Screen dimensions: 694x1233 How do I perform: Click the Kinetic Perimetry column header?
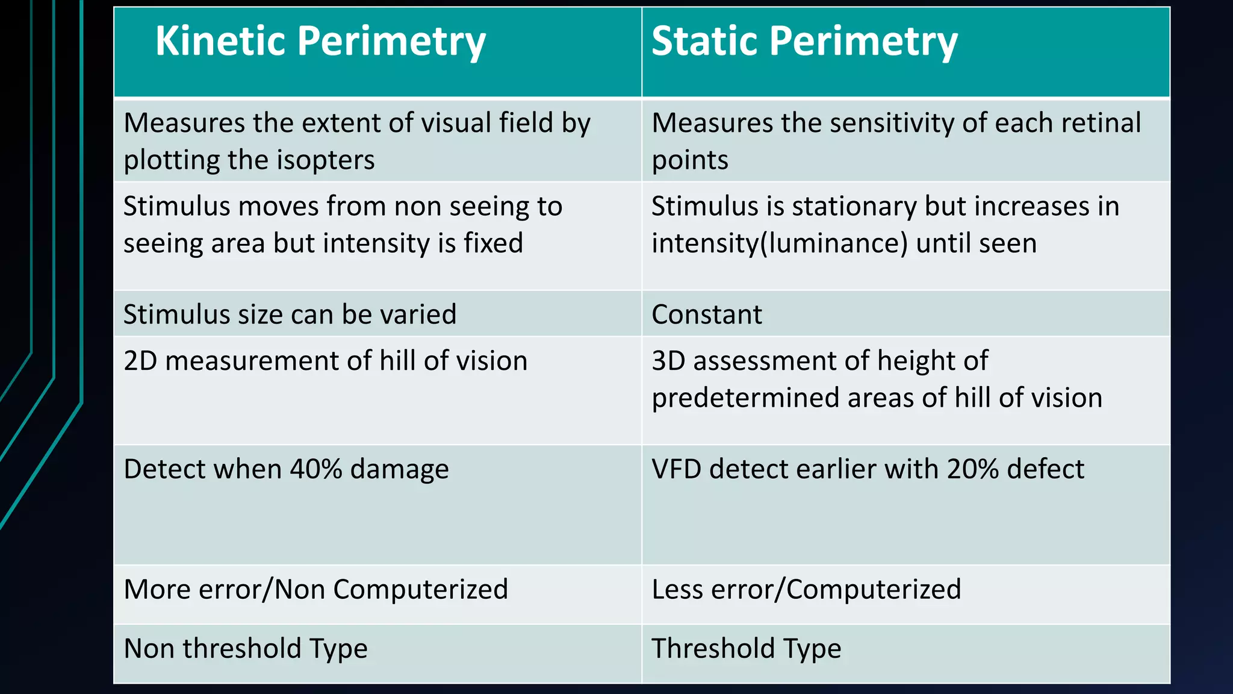pyautogui.click(x=320, y=42)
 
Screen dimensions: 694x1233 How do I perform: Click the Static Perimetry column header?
pyautogui.click(x=804, y=42)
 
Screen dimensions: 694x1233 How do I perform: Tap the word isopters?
pyautogui.click(x=325, y=160)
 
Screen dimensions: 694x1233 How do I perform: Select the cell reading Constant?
pyautogui.click(x=706, y=314)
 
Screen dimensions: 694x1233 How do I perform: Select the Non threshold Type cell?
pyautogui.click(x=246, y=649)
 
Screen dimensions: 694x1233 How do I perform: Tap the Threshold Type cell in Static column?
pyautogui.click(x=746, y=649)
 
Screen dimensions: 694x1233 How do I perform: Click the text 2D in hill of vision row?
pyautogui.click(x=140, y=361)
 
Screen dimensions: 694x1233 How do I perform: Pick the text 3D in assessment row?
pyautogui.click(x=668, y=361)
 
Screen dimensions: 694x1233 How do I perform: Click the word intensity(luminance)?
pyautogui.click(x=779, y=244)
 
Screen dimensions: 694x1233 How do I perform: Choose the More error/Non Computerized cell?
pyautogui.click(x=315, y=589)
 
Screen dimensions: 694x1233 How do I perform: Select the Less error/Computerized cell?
pyautogui.click(x=806, y=589)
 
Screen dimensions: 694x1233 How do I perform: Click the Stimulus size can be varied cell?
pyautogui.click(x=290, y=314)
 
